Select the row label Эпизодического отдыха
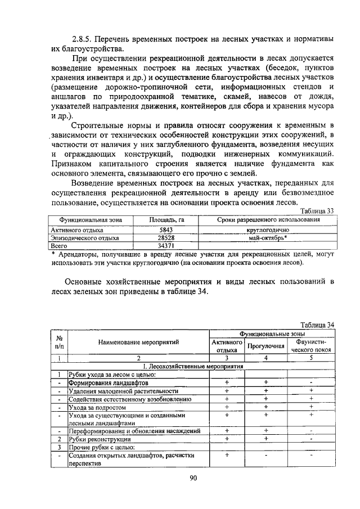pyautogui.click(x=81, y=238)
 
